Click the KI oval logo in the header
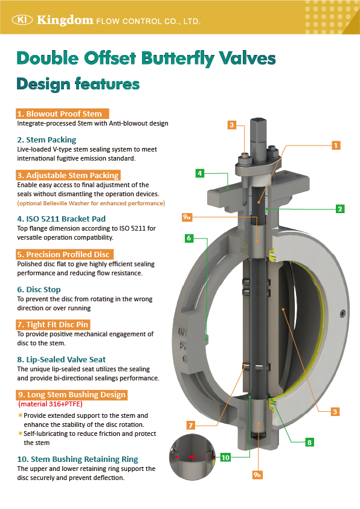[x=22, y=20]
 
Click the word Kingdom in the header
[x=65, y=20]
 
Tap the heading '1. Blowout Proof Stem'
[x=62, y=114]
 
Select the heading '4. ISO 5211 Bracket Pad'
[x=62, y=219]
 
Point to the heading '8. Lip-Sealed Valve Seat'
[x=62, y=359]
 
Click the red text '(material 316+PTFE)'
[x=50, y=404]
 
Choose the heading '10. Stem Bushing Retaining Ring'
[x=77, y=459]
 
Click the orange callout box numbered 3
[x=231, y=125]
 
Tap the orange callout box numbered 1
[x=336, y=145]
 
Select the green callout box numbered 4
[x=200, y=173]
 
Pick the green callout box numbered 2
[x=340, y=209]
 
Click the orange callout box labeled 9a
[x=187, y=217]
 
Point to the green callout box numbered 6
[x=189, y=238]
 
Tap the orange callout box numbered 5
[x=335, y=412]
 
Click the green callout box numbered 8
[x=309, y=442]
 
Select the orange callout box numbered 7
[x=191, y=425]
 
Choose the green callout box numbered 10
[x=225, y=458]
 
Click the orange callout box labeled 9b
[x=257, y=475]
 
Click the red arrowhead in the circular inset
[x=191, y=457]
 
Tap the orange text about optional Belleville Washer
[x=91, y=203]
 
